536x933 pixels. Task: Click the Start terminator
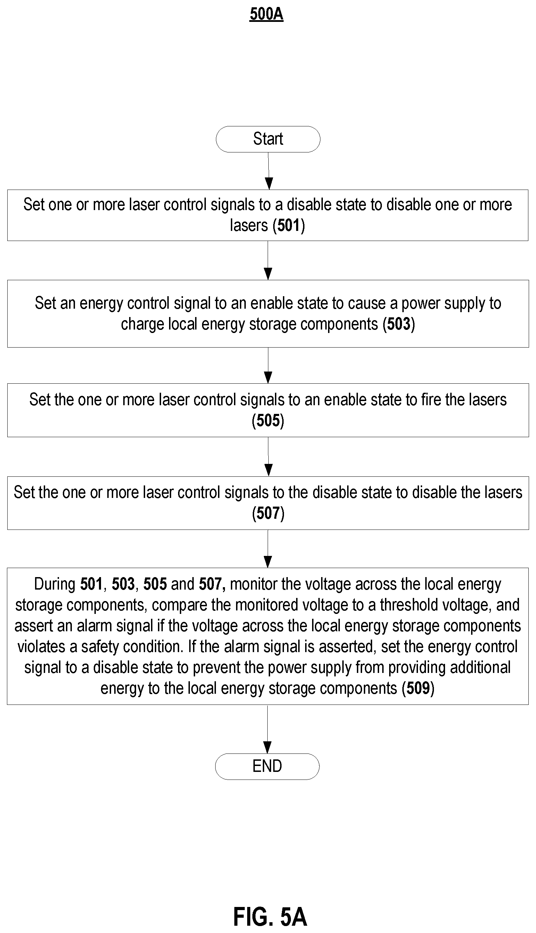[268, 139]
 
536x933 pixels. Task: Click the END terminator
[267, 766]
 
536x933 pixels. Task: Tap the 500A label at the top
[267, 14]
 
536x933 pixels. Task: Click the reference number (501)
[288, 225]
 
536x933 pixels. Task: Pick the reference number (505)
[268, 420]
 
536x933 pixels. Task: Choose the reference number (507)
[268, 513]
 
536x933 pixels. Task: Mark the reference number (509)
[418, 688]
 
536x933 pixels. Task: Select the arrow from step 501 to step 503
[268, 260]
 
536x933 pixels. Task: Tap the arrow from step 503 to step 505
[268, 365]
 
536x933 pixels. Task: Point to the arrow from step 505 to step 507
[269, 457]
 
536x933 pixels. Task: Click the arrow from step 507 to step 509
[268, 549]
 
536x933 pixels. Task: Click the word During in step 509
[55, 584]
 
